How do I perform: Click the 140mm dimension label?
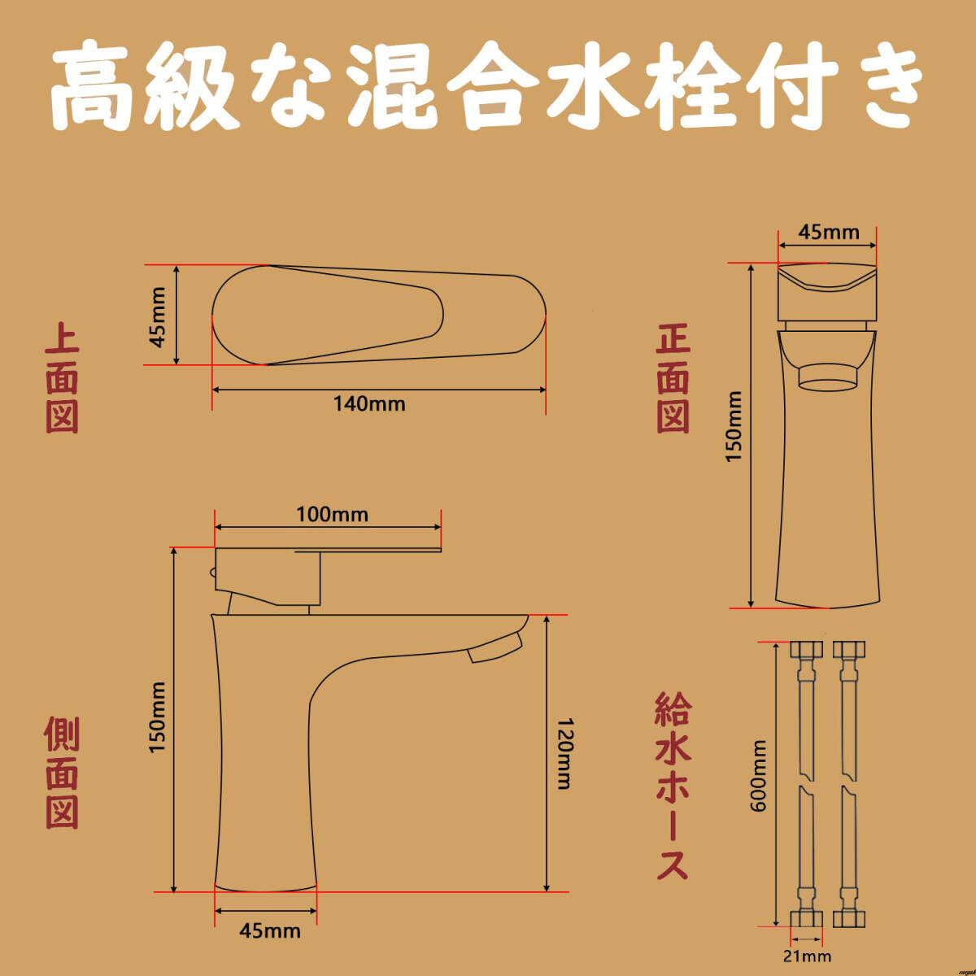[x=369, y=403]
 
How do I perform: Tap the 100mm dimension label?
[x=331, y=515]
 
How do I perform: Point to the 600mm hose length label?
[x=759, y=775]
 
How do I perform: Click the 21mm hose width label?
[x=808, y=956]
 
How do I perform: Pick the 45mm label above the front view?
[x=828, y=233]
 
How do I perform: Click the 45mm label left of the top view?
[x=159, y=316]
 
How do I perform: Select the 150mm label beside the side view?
[x=158, y=717]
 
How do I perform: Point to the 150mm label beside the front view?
[x=734, y=426]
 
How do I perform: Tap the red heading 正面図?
[x=673, y=379]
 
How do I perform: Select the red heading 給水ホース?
[x=673, y=786]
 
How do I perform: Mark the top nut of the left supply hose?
[x=805, y=651]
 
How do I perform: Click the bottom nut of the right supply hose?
[x=848, y=918]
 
